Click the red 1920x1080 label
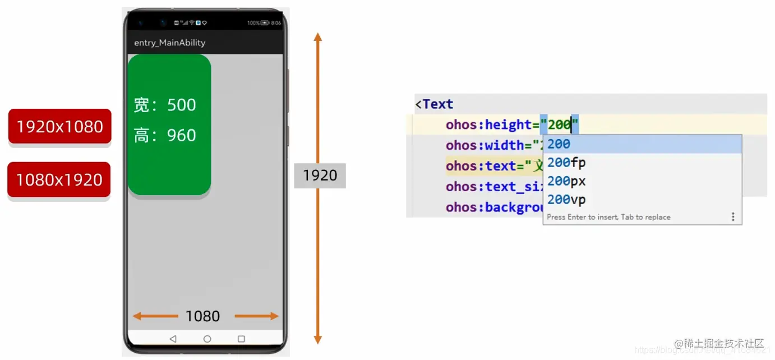59,127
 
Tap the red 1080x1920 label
59,180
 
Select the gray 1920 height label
320,176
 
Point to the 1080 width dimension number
202,316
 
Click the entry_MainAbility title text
169,43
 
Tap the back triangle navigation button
173,339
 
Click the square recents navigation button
241,339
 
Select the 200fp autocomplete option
566,163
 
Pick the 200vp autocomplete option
566,200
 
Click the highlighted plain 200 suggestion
559,144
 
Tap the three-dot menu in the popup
732,217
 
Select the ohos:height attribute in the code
488,124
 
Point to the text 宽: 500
165,105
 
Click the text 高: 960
165,135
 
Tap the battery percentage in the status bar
253,23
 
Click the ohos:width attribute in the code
486,145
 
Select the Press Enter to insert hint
608,217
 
